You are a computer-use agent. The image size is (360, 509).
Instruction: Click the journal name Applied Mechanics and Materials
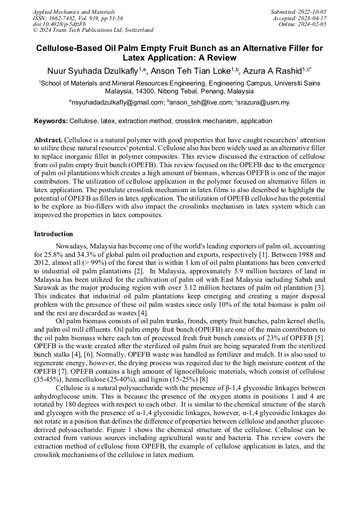pos(73,11)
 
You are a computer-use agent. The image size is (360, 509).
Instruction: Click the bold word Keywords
pos(50,121)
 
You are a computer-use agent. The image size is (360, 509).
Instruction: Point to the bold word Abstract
pos(48,139)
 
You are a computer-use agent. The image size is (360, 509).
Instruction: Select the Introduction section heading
pos(54,234)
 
